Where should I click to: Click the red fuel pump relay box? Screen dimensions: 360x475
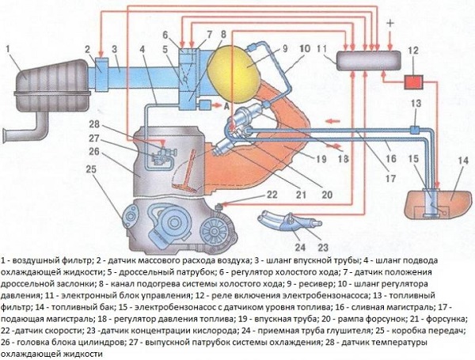412,81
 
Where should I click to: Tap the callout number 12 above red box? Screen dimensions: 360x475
412,49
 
